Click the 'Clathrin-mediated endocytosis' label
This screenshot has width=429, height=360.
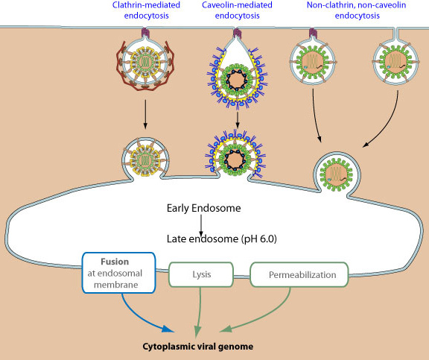coord(146,10)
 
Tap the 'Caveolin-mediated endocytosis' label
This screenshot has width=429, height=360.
coord(237,10)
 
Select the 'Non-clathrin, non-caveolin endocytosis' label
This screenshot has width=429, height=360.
coord(357,10)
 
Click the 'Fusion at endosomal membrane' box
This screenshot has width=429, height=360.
coord(119,273)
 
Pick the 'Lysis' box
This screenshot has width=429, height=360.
coord(201,274)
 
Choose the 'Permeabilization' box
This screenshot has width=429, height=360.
coord(299,274)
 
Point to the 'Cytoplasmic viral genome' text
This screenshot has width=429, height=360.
coord(198,347)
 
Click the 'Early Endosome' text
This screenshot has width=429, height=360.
coord(204,208)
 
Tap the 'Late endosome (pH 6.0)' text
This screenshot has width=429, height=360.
coord(222,239)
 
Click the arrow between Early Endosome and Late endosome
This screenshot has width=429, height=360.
coord(201,225)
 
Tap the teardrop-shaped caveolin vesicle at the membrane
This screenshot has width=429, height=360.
coord(237,71)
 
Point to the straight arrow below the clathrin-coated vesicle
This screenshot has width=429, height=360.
coord(145,114)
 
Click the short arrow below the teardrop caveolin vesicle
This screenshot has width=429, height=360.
coord(238,120)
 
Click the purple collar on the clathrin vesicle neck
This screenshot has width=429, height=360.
coord(145,33)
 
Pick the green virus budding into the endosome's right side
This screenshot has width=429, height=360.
coord(337,174)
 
